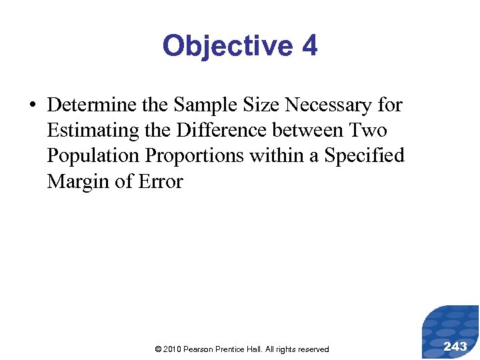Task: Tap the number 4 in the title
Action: tap(309, 47)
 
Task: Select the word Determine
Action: tap(89, 105)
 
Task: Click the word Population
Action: tap(93, 155)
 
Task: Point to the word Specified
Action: tap(364, 155)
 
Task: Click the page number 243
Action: tap(455, 346)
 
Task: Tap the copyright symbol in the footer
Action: tap(157, 349)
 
